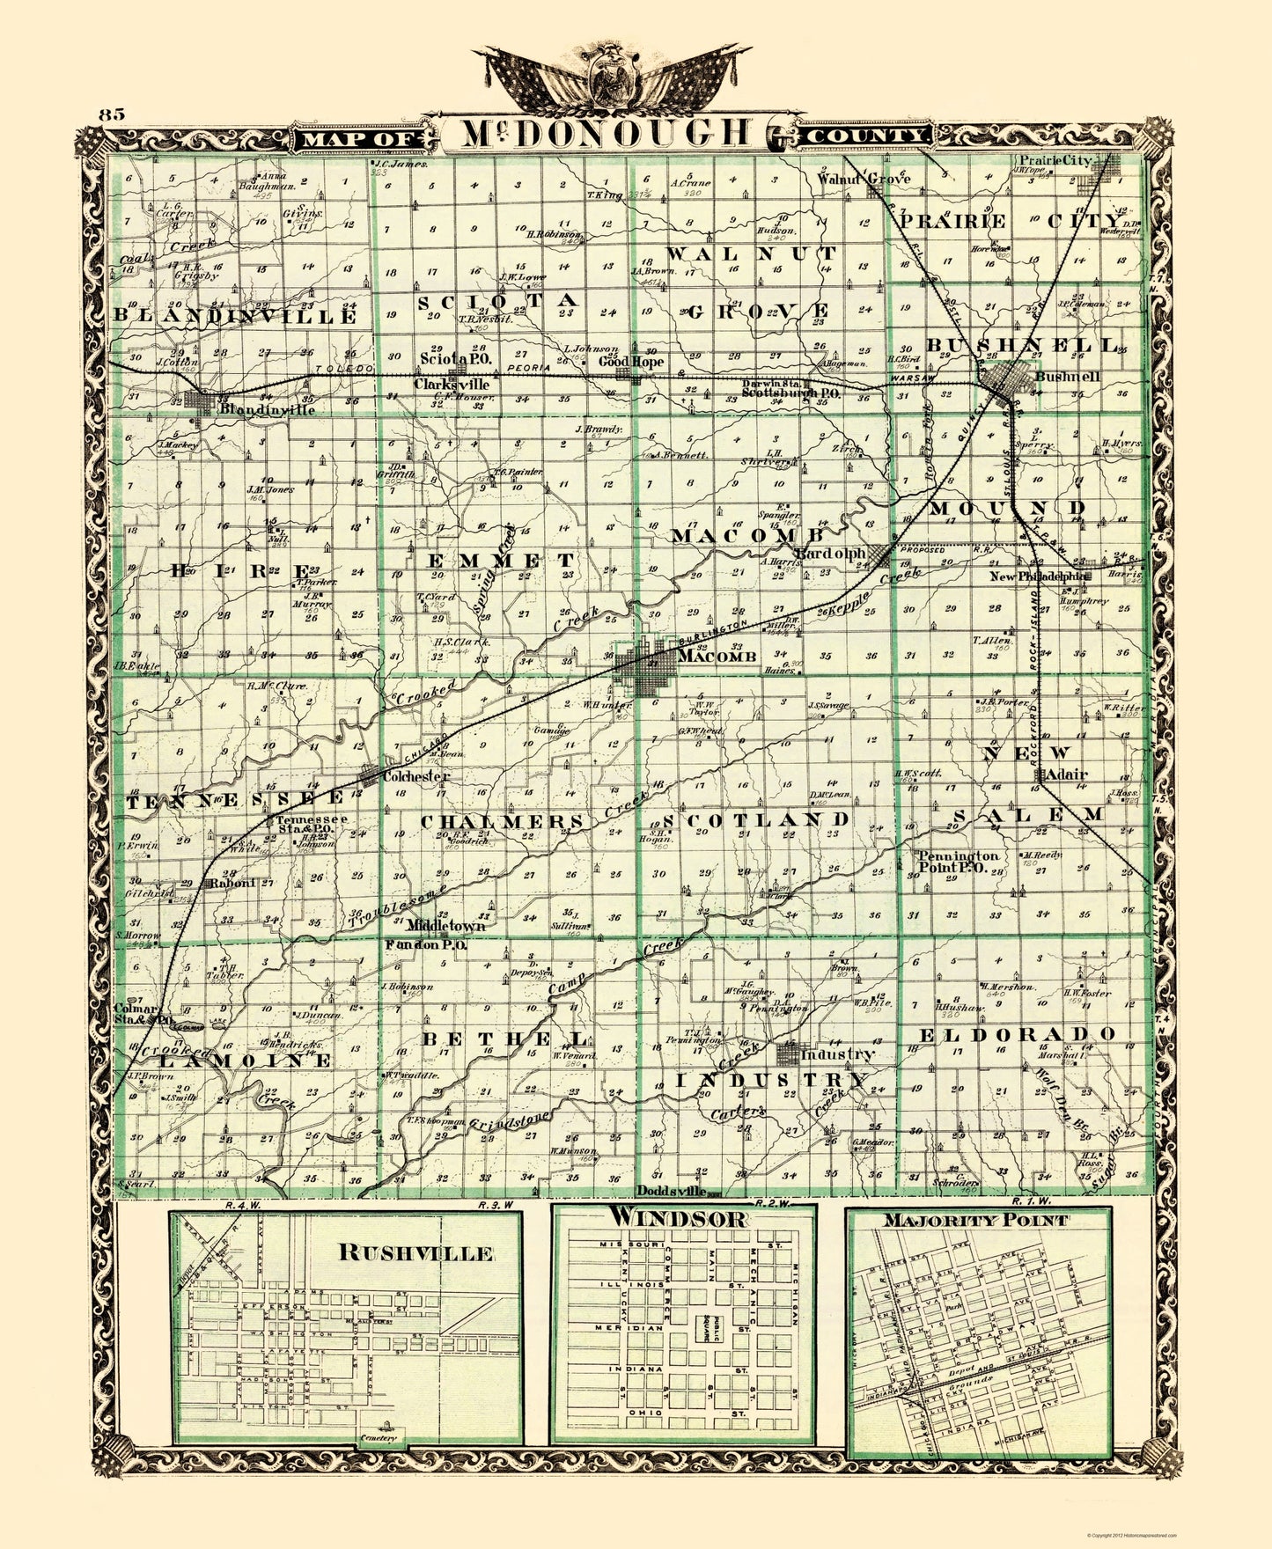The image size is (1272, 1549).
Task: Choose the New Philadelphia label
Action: [x=1035, y=576]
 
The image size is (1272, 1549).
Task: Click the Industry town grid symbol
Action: [x=788, y=1053]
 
